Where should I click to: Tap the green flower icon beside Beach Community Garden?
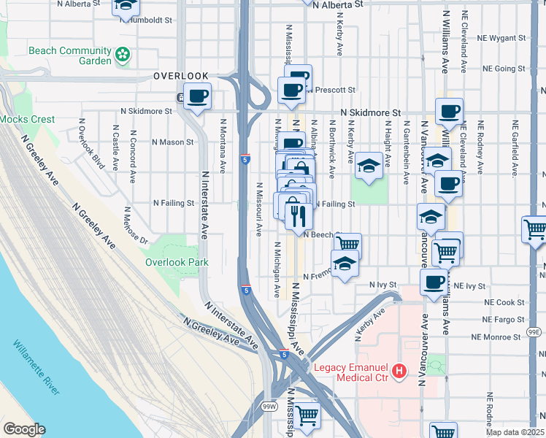[x=123, y=53]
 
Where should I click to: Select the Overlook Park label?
[x=177, y=262]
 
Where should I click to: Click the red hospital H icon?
[x=399, y=372]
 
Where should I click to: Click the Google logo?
[x=24, y=429]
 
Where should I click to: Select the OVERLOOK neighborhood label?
[x=181, y=76]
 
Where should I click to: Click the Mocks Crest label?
[x=18, y=119]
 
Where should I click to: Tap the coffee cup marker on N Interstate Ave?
[x=197, y=96]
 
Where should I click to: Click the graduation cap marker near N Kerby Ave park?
[x=369, y=165]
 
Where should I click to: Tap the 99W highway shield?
[x=270, y=407]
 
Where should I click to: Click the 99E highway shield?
[x=534, y=333]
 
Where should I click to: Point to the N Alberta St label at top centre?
[x=337, y=4]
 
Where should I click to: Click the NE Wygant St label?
[x=500, y=37]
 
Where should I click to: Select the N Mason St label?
[x=174, y=142]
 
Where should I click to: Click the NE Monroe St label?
[x=497, y=337]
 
